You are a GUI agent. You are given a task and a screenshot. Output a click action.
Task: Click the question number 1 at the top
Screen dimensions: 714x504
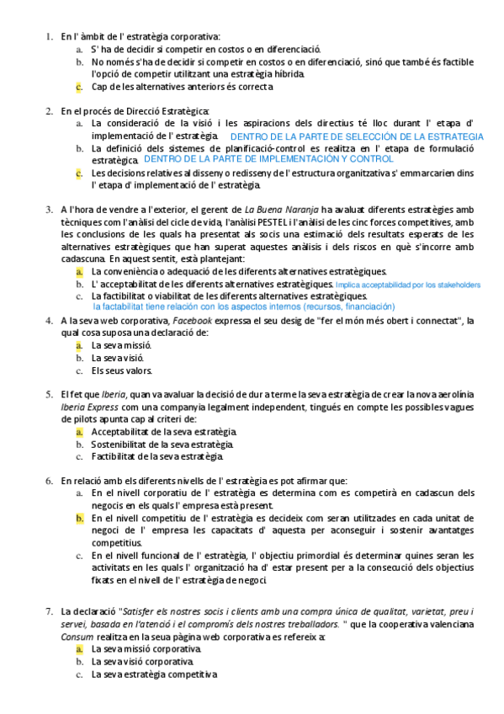tap(47, 36)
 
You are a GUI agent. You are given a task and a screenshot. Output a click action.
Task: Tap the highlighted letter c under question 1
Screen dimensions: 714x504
tap(78, 86)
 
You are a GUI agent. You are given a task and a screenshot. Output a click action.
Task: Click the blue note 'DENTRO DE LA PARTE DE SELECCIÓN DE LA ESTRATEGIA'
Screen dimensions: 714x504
tap(357, 136)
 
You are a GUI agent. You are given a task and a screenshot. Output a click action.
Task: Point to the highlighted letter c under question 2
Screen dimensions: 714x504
tap(78, 173)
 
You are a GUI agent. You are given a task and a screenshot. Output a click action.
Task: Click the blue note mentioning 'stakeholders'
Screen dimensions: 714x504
tap(408, 285)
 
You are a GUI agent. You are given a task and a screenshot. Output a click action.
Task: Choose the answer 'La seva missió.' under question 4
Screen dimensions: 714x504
tap(121, 345)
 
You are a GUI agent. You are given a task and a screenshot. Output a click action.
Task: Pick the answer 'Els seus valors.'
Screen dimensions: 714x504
tap(123, 370)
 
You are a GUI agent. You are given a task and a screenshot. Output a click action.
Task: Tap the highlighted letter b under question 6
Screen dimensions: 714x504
tap(78, 518)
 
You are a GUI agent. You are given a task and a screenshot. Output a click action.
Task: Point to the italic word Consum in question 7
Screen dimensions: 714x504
tap(77, 637)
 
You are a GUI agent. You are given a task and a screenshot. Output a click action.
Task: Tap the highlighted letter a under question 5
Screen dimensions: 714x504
tap(78, 432)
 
